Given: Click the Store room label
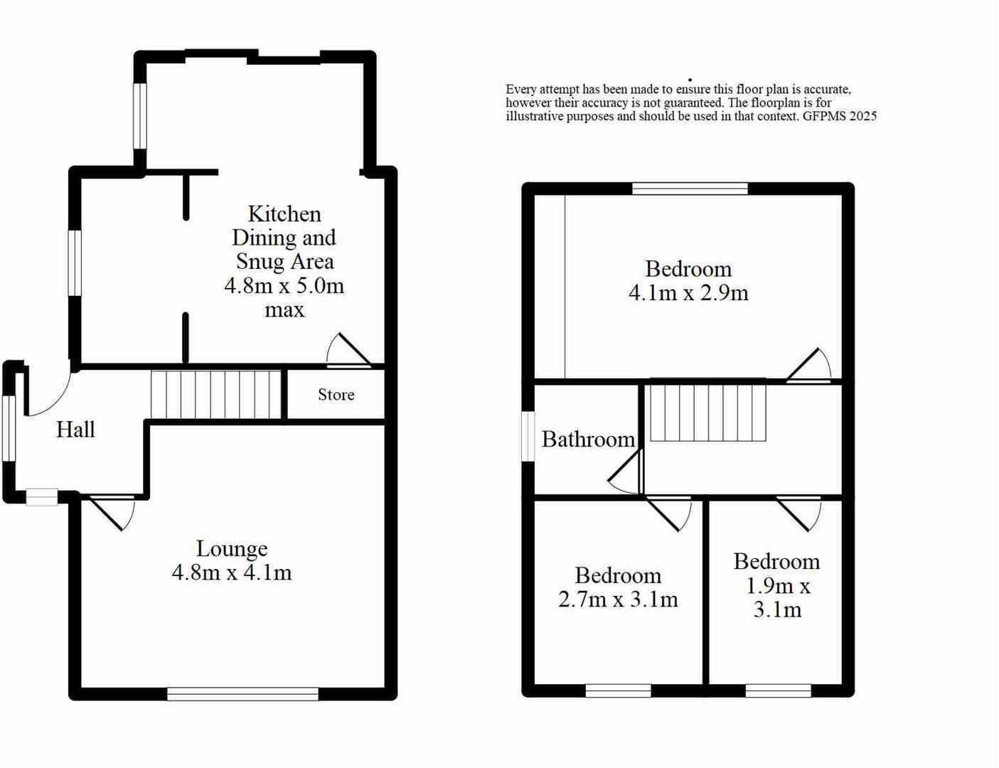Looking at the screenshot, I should (336, 395).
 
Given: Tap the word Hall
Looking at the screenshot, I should (75, 430).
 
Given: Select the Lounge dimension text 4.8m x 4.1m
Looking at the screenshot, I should (232, 572).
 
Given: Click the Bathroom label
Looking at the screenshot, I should (588, 439).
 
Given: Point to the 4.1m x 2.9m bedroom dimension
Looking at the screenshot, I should (688, 293).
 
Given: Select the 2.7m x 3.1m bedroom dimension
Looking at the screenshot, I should (618, 599).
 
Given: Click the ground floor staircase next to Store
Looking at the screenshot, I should (216, 395).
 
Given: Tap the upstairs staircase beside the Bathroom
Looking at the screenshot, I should (708, 413).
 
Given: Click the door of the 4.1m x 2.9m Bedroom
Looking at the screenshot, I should (810, 366).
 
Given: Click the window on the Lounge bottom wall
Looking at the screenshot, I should (242, 693).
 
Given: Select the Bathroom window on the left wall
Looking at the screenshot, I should (528, 437).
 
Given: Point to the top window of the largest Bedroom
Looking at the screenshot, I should (690, 188).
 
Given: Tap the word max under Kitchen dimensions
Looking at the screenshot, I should (284, 310).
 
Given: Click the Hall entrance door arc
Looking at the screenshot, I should (50, 395).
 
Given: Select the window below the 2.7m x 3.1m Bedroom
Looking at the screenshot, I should (618, 690).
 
